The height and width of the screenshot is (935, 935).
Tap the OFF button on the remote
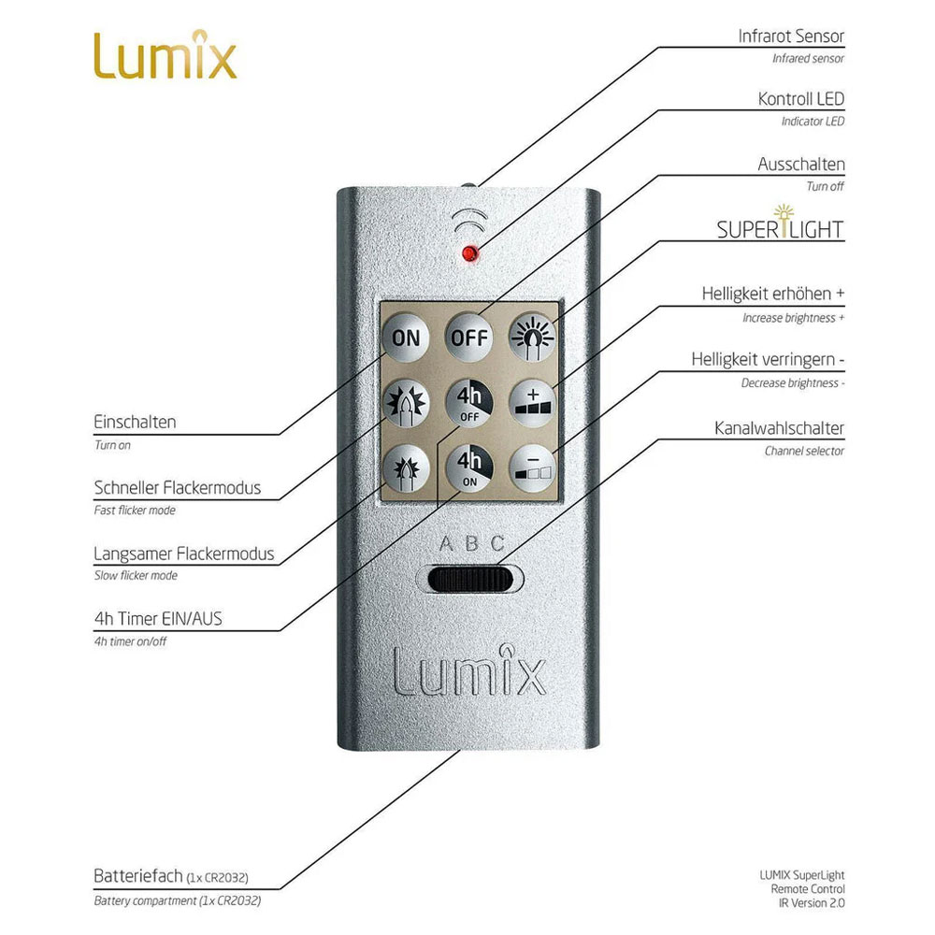pyautogui.click(x=469, y=337)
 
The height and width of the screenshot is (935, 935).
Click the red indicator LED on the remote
pyautogui.click(x=469, y=252)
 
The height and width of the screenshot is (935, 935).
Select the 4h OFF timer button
pyautogui.click(x=469, y=404)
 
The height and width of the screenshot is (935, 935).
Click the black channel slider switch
pyautogui.click(x=474, y=580)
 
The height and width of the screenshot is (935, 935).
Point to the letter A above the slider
pyautogui.click(x=446, y=543)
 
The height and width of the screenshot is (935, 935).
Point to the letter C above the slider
pyautogui.click(x=497, y=543)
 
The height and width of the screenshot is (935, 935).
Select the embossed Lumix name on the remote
pyautogui.click(x=468, y=668)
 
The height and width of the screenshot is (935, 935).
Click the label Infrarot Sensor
pyautogui.click(x=790, y=36)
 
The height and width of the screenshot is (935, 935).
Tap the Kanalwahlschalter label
pyautogui.click(x=779, y=428)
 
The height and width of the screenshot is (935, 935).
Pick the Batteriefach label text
pyautogui.click(x=137, y=877)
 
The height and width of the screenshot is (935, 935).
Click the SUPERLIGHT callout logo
pyautogui.click(x=780, y=228)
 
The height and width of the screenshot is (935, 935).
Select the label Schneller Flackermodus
pyautogui.click(x=177, y=488)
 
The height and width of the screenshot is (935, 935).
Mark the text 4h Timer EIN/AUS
pyautogui.click(x=158, y=618)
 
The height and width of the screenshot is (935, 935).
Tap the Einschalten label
pyautogui.click(x=135, y=423)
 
